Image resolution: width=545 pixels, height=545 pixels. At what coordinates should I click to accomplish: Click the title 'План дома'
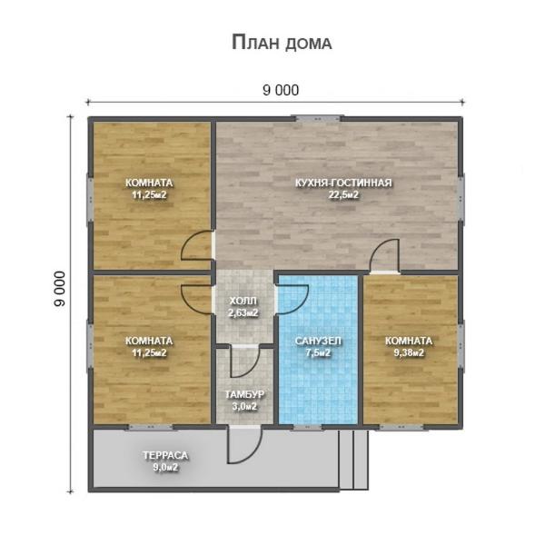pyautogui.click(x=282, y=43)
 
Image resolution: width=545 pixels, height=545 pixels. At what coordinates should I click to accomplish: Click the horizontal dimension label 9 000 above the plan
pyautogui.click(x=281, y=89)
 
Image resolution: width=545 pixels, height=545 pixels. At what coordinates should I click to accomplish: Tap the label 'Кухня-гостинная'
pyautogui.click(x=343, y=183)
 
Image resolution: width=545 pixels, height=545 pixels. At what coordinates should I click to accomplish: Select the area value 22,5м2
pyautogui.click(x=343, y=194)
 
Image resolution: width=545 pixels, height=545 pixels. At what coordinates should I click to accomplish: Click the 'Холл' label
pyautogui.click(x=243, y=301)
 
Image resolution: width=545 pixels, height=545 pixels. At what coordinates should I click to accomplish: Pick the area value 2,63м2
pyautogui.click(x=243, y=312)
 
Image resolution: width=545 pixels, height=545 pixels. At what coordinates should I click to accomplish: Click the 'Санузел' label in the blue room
pyautogui.click(x=318, y=341)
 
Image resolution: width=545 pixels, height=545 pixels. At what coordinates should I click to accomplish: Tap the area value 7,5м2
pyautogui.click(x=318, y=352)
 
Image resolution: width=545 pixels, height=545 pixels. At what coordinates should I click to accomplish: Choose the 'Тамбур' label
pyautogui.click(x=243, y=394)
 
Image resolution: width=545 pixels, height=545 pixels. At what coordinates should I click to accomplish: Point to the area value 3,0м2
pyautogui.click(x=243, y=406)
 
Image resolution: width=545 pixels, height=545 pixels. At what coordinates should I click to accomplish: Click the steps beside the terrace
pyautogui.click(x=354, y=460)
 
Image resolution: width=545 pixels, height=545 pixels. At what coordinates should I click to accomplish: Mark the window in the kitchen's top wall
pyautogui.click(x=317, y=116)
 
